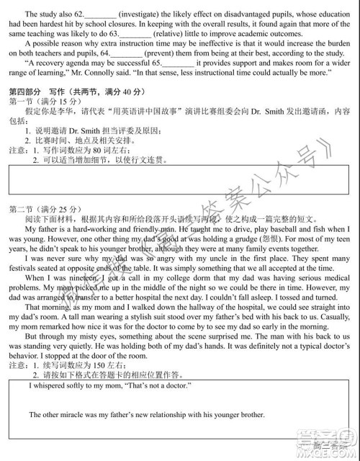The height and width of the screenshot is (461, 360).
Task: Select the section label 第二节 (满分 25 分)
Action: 36,208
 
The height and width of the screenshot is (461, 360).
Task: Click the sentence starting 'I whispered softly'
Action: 99,386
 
